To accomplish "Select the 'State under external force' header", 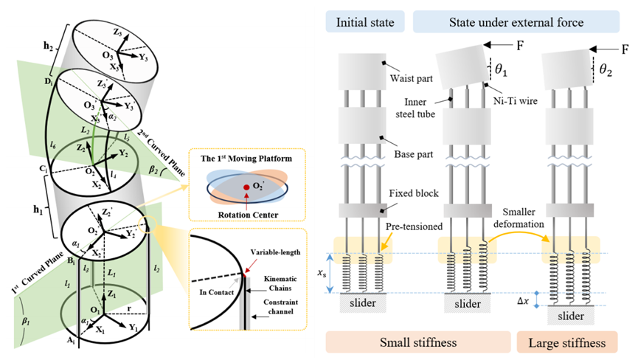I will coord(516,22).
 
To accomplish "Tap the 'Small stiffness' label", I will coord(417,342).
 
